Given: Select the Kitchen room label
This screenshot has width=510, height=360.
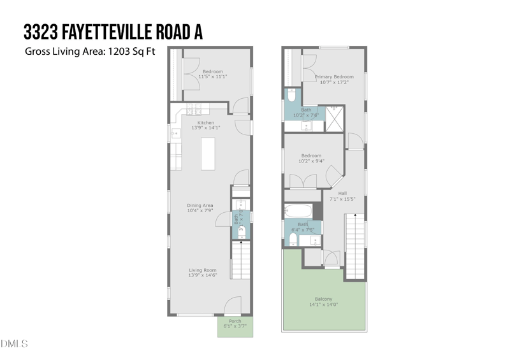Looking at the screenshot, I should [x=205, y=122].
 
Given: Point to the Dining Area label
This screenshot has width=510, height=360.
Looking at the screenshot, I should [x=200, y=205].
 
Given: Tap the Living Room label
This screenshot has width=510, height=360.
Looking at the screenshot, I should [x=202, y=270].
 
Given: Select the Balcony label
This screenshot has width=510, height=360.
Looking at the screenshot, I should [x=323, y=299].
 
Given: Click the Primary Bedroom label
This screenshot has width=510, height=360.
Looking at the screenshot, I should [x=334, y=77].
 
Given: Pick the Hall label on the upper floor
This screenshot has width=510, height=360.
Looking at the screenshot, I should [x=342, y=193].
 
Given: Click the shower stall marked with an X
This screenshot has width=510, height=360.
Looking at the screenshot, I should [x=335, y=120].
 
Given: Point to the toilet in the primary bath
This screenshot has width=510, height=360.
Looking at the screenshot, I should [x=291, y=97].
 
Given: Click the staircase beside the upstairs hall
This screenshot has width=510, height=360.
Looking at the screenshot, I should [x=355, y=246].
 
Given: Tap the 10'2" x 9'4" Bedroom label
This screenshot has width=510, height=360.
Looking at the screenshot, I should [x=311, y=159].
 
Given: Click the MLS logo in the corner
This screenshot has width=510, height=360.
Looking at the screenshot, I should [x=14, y=345].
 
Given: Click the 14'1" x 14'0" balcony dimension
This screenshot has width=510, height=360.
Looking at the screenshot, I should [x=323, y=305].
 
